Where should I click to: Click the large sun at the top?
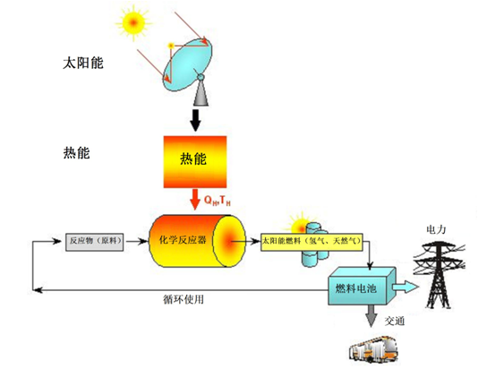pyautogui.click(x=133, y=23)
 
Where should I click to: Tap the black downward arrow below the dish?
pyautogui.click(x=195, y=121)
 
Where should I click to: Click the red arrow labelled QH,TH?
pyautogui.click(x=195, y=200)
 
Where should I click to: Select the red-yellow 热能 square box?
pyautogui.click(x=195, y=162)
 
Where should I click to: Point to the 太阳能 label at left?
pyautogui.click(x=83, y=63)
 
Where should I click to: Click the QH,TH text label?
pyautogui.click(x=218, y=200)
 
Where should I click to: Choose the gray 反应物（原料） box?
pyautogui.click(x=95, y=242)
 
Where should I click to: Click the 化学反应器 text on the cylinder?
pyautogui.click(x=183, y=240)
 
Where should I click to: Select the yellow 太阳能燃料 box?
pyautogui.click(x=312, y=242)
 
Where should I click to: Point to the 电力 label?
pyautogui.click(x=436, y=229)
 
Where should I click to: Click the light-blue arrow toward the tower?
pyautogui.click(x=406, y=287)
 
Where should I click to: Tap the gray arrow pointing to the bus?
pyautogui.click(x=371, y=316)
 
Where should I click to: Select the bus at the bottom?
pyautogui.click(x=373, y=349)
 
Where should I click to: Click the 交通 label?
pyautogui.click(x=395, y=321)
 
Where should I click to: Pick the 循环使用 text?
pyautogui.click(x=184, y=300)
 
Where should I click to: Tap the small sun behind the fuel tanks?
pyautogui.click(x=300, y=224)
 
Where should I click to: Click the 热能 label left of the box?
pyautogui.click(x=76, y=152)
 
